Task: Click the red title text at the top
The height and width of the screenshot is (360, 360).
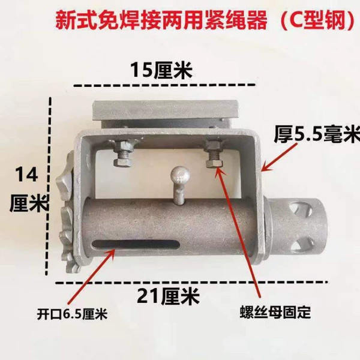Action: tap(205, 20)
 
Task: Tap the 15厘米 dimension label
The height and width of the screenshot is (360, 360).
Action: tap(161, 70)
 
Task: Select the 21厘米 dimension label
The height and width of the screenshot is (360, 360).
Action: tap(168, 297)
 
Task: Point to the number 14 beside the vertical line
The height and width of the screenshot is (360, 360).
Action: tap(26, 175)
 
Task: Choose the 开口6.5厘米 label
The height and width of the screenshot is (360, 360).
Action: tap(73, 314)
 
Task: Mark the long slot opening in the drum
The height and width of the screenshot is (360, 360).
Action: tap(136, 244)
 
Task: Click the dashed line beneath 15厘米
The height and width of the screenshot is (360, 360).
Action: tap(164, 85)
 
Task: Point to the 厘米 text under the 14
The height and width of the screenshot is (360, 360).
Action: tap(29, 203)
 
